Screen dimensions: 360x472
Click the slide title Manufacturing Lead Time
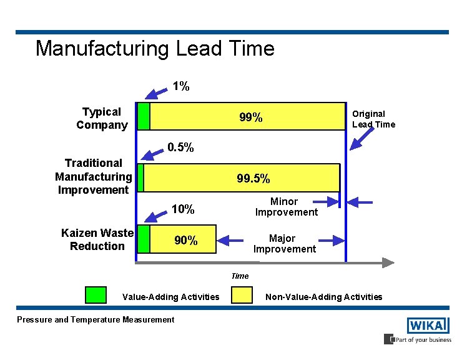click(x=155, y=49)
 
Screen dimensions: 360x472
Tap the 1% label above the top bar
click(x=181, y=86)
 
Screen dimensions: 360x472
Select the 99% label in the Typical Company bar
click(x=251, y=117)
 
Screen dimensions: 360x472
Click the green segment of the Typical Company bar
click(x=144, y=116)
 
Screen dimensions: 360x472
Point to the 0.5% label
click(x=181, y=148)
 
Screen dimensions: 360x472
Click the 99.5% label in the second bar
click(x=253, y=179)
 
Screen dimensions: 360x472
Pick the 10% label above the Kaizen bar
click(x=182, y=209)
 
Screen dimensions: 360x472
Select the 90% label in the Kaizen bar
click(x=186, y=240)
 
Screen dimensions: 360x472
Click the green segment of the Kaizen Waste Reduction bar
click(x=144, y=239)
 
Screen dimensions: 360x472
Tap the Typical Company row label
click(x=102, y=118)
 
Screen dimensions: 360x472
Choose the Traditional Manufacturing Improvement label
click(x=94, y=176)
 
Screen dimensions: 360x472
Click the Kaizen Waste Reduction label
click(x=97, y=239)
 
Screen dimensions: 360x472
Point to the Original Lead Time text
click(x=373, y=119)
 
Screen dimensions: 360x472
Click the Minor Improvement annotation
click(x=286, y=207)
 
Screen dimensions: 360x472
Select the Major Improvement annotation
click(x=285, y=244)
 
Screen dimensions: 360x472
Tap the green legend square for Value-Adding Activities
click(x=96, y=296)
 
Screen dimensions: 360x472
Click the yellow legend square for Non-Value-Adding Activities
click(x=242, y=296)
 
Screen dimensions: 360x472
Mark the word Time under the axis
click(x=240, y=276)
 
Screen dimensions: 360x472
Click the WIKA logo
click(x=428, y=326)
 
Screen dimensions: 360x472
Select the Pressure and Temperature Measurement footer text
click(x=96, y=320)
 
